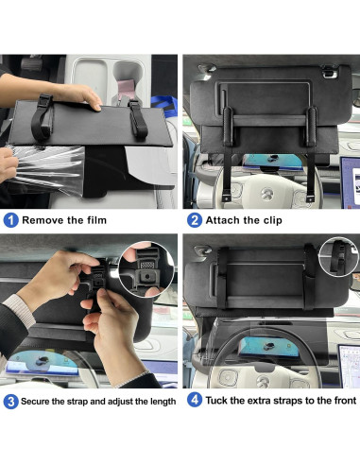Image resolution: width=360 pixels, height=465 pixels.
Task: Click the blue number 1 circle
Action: pyautogui.click(x=10, y=220)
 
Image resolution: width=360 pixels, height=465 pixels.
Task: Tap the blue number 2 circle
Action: pyautogui.click(x=195, y=220)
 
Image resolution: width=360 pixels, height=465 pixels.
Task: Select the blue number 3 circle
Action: pyautogui.click(x=10, y=402)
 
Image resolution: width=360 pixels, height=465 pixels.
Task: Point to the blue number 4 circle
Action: pyautogui.click(x=195, y=400)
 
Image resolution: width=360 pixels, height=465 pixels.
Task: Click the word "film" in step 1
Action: pyautogui.click(x=96, y=220)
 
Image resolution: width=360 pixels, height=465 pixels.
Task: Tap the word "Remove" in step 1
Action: pyautogui.click(x=40, y=220)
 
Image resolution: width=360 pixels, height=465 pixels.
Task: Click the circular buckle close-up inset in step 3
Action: pyautogui.click(x=146, y=269)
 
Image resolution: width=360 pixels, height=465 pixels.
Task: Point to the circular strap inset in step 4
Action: pyautogui.click(x=338, y=258)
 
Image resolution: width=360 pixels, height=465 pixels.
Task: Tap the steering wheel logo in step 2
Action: pyautogui.click(x=267, y=194)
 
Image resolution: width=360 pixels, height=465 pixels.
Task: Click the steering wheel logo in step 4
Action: pyautogui.click(x=264, y=382)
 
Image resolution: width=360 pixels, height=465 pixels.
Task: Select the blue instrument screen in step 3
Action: pyautogui.click(x=42, y=363)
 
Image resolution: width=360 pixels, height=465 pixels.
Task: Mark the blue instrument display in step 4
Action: pyautogui.click(x=268, y=347)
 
